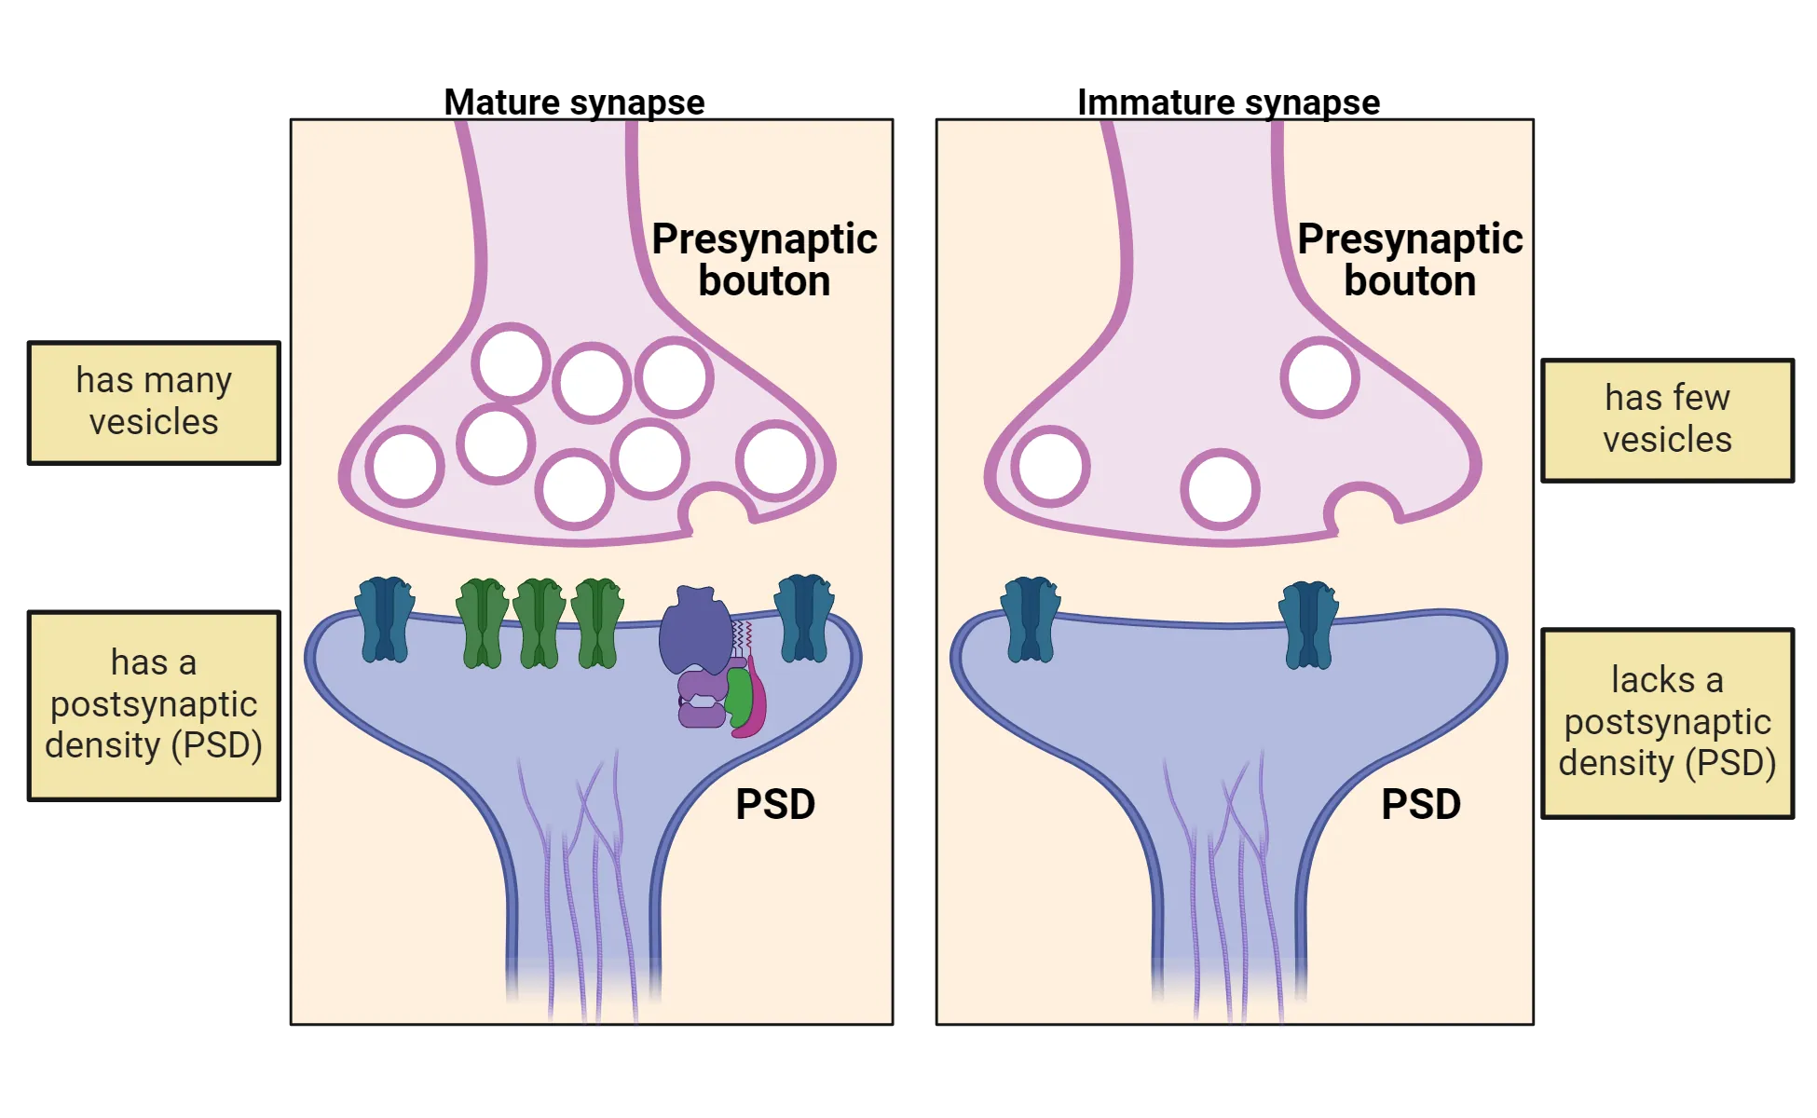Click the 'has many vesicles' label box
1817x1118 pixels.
pyautogui.click(x=154, y=402)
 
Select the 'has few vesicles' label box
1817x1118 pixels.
pyautogui.click(x=1667, y=420)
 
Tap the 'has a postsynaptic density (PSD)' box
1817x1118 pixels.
pyautogui.click(x=154, y=705)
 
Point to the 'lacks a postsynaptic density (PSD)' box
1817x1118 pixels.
pyautogui.click(x=1667, y=723)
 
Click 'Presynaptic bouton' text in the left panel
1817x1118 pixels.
pyautogui.click(x=764, y=260)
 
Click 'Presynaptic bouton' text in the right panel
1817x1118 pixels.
pyautogui.click(x=1410, y=260)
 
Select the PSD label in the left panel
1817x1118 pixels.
pyautogui.click(x=775, y=805)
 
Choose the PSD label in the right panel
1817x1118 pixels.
pyautogui.click(x=1421, y=805)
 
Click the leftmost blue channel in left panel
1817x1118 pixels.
pyautogui.click(x=385, y=619)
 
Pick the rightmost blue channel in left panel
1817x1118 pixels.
pyautogui.click(x=804, y=618)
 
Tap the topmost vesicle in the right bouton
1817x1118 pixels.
pyautogui.click(x=1319, y=377)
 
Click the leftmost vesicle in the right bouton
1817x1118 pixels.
pyautogui.click(x=1050, y=466)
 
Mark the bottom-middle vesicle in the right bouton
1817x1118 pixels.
pyautogui.click(x=1220, y=490)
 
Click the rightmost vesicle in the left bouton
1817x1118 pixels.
pyautogui.click(x=775, y=460)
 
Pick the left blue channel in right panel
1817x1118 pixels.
pyautogui.click(x=1031, y=619)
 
